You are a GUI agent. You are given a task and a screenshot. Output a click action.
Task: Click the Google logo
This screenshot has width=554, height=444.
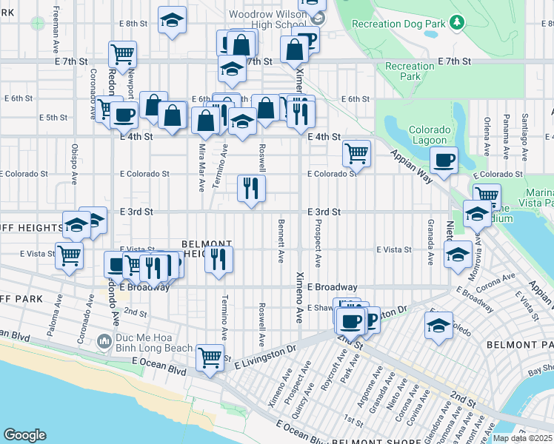24,435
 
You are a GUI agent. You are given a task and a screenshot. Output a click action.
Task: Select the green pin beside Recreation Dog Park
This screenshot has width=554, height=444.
458,23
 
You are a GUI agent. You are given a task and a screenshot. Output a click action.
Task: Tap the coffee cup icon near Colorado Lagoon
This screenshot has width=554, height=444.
444,160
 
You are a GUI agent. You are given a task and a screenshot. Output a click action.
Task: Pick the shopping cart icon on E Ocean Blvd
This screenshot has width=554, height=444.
210,357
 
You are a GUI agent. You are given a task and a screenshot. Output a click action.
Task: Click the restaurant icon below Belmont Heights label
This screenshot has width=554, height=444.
218,260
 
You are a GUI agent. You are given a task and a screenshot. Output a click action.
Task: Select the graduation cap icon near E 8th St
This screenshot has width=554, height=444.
172,21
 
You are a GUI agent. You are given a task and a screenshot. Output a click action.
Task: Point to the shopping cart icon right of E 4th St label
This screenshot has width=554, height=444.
356,153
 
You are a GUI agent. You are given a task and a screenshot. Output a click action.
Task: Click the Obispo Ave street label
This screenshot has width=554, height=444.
74,163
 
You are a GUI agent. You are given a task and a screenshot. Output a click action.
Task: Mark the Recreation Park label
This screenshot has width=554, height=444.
410,71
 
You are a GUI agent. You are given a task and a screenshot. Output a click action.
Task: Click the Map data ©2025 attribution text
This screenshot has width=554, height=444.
522,438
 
